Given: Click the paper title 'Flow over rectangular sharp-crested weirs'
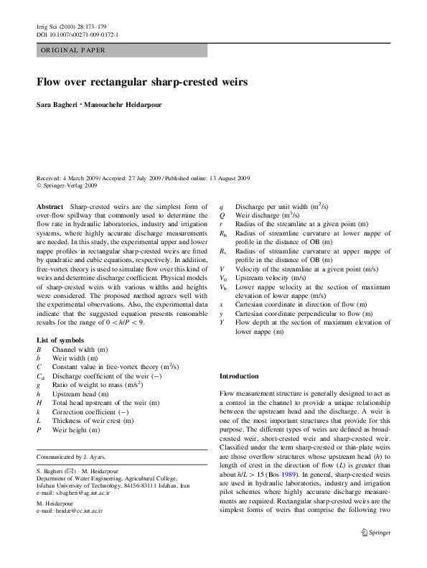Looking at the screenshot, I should click(x=142, y=83).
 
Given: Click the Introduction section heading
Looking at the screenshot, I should click(x=238, y=376).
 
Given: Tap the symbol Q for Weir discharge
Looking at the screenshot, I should click(x=222, y=215).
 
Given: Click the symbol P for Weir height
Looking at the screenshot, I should click(x=39, y=431).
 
